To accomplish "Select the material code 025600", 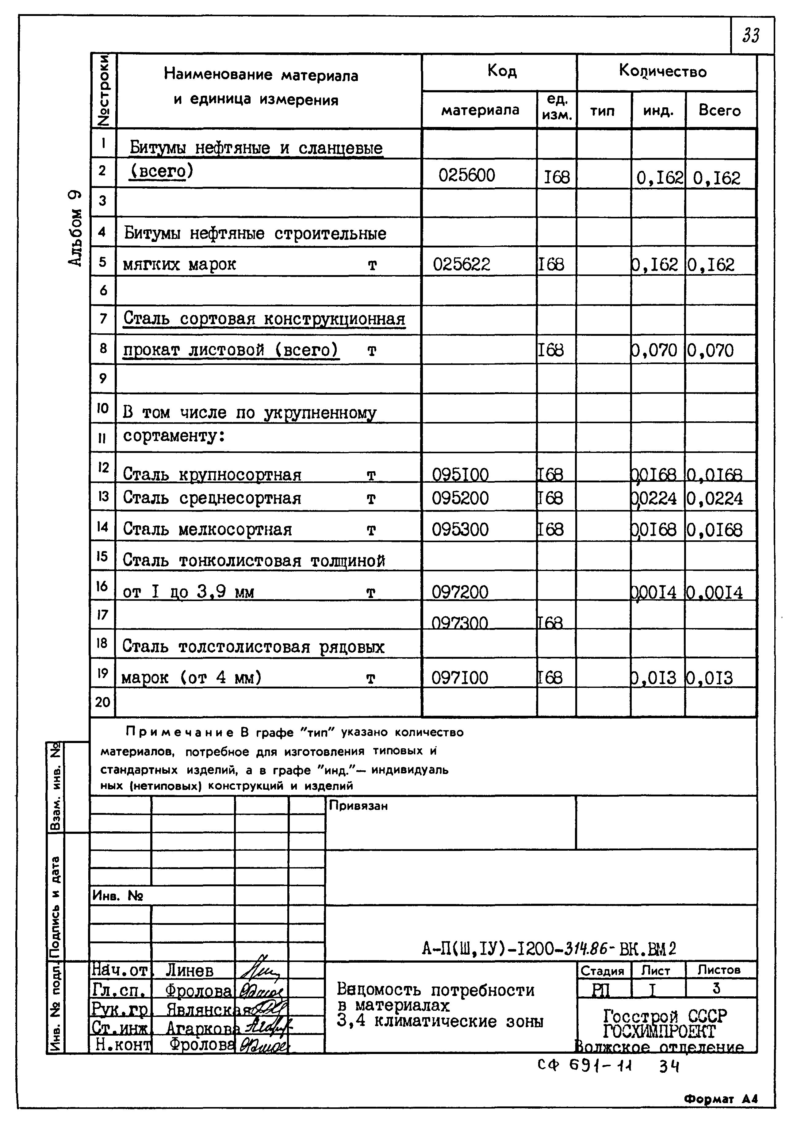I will tap(467, 175).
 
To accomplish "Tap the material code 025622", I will tap(461, 265).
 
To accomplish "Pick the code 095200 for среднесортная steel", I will tap(460, 498).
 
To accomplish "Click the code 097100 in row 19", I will tap(460, 678).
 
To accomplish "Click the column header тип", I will tap(602, 111).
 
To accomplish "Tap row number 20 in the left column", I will tap(102, 702).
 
